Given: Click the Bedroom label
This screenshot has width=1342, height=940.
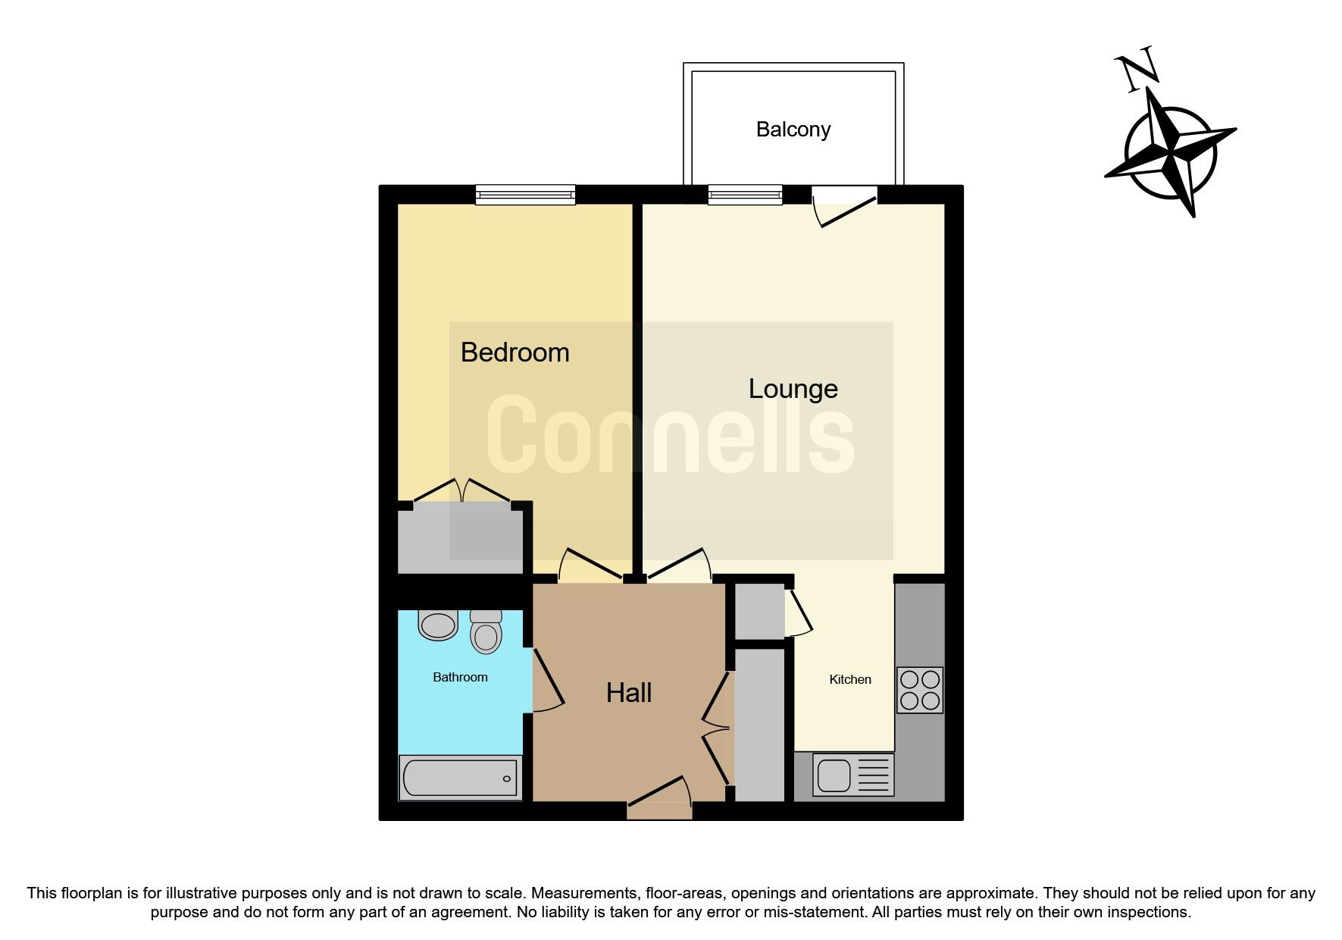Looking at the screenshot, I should tap(515, 352).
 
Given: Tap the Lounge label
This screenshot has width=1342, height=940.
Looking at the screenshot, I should tap(793, 389).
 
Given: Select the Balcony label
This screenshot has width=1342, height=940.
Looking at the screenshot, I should tap(793, 130).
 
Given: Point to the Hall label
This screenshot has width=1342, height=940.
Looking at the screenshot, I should tap(628, 693).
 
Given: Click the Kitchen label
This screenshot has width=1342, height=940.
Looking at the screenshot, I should tap(849, 680).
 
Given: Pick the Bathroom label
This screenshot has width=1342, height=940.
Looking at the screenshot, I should tap(460, 678).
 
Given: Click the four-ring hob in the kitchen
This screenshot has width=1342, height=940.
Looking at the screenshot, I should tap(919, 690).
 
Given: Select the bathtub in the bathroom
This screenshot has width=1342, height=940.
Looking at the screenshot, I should tap(460, 778).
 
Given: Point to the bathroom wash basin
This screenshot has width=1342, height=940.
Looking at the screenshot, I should tap(438, 625).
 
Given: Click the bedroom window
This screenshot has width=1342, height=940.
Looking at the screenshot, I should tap(525, 195).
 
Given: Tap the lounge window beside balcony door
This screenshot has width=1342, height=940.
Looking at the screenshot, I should tap(744, 195).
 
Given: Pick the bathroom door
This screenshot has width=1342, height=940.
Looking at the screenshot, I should tap(547, 679).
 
